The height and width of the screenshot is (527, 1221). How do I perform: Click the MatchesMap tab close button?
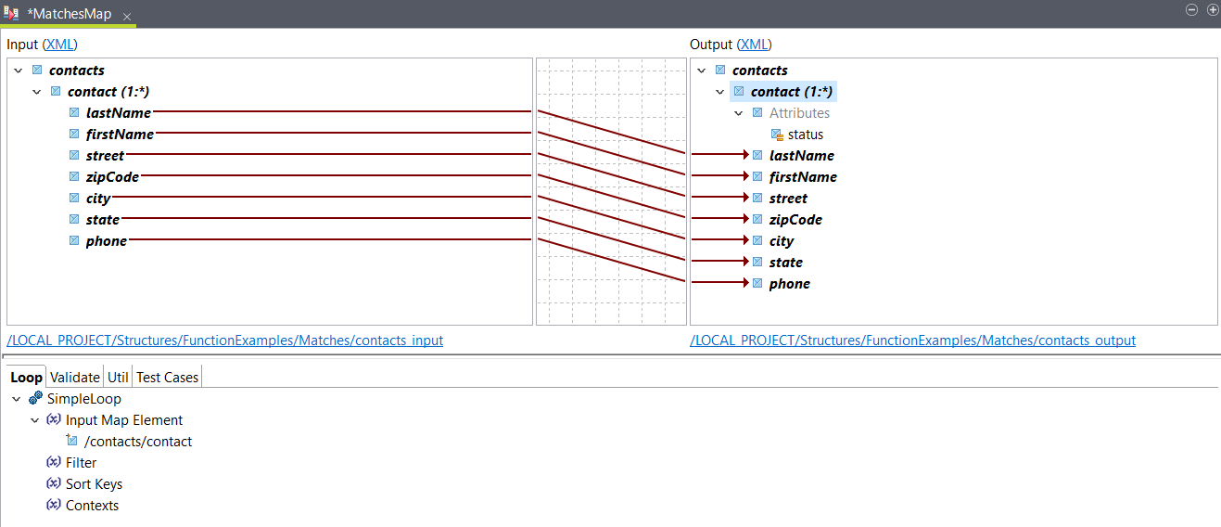click(x=127, y=17)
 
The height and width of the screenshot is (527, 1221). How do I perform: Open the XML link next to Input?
click(x=60, y=45)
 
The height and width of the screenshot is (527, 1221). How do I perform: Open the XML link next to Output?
click(x=754, y=45)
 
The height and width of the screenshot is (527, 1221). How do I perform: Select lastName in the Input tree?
click(x=118, y=112)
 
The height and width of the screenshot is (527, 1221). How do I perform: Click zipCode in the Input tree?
click(x=112, y=176)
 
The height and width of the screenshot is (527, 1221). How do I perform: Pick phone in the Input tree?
click(x=106, y=241)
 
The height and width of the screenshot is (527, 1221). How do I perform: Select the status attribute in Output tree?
click(x=805, y=135)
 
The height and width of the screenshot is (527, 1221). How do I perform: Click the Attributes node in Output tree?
click(x=799, y=113)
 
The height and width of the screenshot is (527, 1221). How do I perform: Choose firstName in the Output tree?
click(x=802, y=177)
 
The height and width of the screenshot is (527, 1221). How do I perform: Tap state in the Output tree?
click(x=785, y=263)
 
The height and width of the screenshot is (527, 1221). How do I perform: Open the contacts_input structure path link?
click(x=225, y=341)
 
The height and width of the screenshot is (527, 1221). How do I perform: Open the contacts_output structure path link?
click(x=912, y=341)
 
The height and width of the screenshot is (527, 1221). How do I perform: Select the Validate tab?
click(x=74, y=378)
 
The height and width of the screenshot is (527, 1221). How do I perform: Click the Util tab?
click(x=118, y=378)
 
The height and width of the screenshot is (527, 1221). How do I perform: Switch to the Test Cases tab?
click(x=167, y=378)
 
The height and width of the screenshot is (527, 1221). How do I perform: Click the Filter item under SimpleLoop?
click(x=81, y=463)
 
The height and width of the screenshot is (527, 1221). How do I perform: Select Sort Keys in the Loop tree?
click(x=94, y=484)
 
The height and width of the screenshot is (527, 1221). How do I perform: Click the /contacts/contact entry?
click(x=137, y=442)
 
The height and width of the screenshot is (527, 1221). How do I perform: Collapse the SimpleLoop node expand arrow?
click(x=17, y=399)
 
